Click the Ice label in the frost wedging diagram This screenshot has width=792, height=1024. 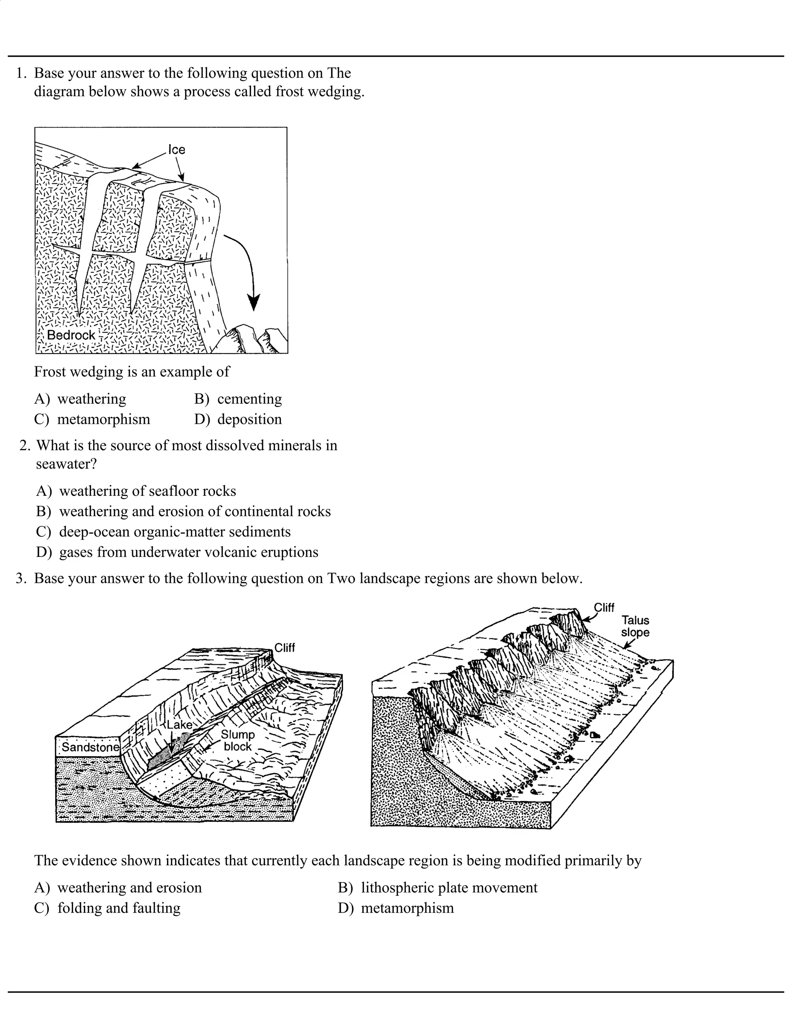[x=177, y=150]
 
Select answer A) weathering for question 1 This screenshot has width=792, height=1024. [x=80, y=399]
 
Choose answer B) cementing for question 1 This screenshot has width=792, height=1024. [x=238, y=399]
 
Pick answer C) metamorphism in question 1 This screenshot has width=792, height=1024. [x=92, y=419]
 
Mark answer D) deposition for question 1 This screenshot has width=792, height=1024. [x=238, y=419]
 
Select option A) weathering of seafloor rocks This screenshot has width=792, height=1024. [x=136, y=491]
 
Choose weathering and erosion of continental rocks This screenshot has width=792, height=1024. [x=183, y=511]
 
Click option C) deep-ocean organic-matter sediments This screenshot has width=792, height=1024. [x=163, y=532]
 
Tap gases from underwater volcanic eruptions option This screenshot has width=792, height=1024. [x=178, y=552]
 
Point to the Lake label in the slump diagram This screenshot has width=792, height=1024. [x=179, y=725]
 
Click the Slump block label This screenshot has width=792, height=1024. [x=237, y=740]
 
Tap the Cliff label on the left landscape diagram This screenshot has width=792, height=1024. [x=284, y=648]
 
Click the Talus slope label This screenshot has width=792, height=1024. [x=635, y=626]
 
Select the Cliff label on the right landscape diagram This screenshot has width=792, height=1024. [x=604, y=608]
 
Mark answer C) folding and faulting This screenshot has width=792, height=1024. [x=108, y=908]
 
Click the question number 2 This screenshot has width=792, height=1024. [x=24, y=446]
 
